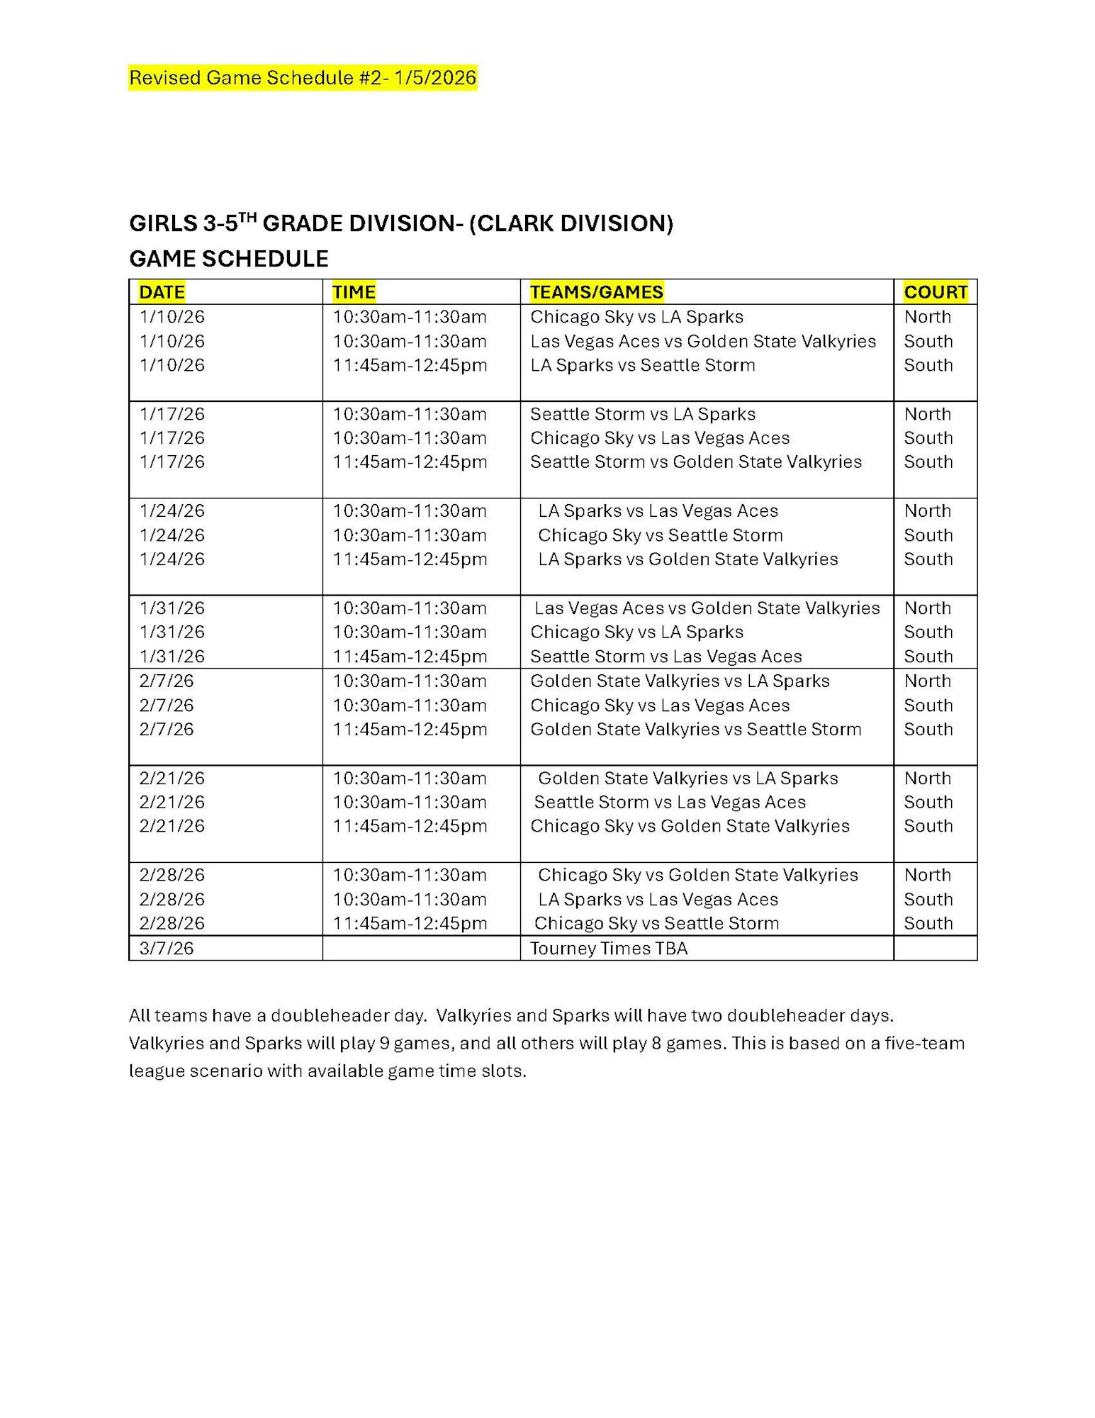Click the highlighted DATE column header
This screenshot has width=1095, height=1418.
(x=162, y=292)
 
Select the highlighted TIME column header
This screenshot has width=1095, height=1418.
(x=354, y=292)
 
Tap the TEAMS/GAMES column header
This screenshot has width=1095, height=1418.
(x=596, y=292)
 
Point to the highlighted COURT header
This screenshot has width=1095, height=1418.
(x=935, y=292)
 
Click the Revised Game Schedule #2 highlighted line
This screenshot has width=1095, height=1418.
(x=302, y=77)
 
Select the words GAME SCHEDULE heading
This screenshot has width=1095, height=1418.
(x=228, y=259)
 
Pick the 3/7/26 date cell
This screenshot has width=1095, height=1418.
(x=166, y=949)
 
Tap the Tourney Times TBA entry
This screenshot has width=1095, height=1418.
(x=608, y=949)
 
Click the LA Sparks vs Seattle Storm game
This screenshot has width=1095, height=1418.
(x=642, y=365)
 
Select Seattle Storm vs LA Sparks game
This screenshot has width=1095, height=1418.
(x=642, y=414)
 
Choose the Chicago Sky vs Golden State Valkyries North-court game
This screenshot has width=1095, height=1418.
(x=697, y=875)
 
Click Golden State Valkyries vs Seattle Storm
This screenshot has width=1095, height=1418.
(x=695, y=730)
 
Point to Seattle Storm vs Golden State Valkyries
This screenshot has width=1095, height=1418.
(x=695, y=462)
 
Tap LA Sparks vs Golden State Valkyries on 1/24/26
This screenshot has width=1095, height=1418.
(x=687, y=559)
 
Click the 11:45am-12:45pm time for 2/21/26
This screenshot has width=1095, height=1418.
(x=410, y=826)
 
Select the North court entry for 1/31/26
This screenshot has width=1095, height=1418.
(x=927, y=608)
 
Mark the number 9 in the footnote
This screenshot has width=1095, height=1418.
(x=383, y=1044)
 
